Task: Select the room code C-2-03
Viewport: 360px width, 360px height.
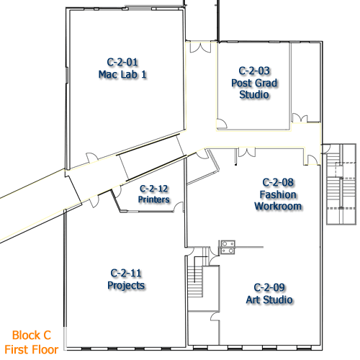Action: pos(254,71)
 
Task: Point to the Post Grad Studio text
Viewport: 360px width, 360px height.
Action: pos(254,89)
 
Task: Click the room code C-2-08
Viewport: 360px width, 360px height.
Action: pos(278,182)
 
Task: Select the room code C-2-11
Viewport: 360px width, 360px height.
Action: pos(126,273)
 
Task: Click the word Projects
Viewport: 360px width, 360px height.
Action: pos(126,285)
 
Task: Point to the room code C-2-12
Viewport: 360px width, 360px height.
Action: pos(154,189)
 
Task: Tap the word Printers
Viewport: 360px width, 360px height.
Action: pos(154,199)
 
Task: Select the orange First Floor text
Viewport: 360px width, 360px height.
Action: pos(34,349)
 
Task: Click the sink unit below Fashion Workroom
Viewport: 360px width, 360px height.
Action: pos(228,247)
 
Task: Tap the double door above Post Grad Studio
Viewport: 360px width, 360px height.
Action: pos(199,48)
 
